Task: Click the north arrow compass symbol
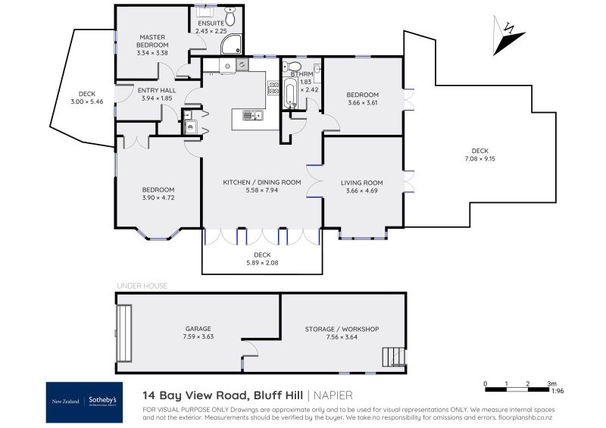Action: point(508,37)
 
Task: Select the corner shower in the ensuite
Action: point(230,46)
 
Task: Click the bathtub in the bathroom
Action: point(290,95)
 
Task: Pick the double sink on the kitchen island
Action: point(251,116)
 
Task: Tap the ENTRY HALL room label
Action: point(157,90)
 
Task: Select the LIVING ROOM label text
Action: point(362,183)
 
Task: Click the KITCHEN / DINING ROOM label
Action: point(262,183)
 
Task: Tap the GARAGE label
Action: point(198,329)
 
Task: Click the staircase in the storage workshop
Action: point(393,356)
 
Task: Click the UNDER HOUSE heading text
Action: point(142,286)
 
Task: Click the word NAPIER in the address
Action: point(334,395)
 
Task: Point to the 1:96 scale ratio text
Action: point(557,392)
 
